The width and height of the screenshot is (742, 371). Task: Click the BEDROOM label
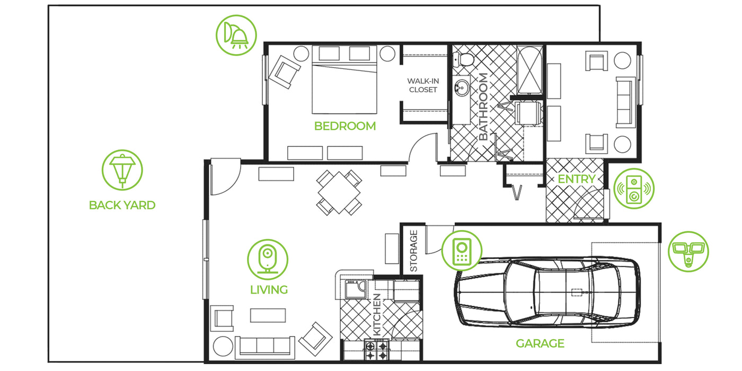pyautogui.click(x=345, y=126)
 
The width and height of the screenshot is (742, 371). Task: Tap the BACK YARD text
pyautogui.click(x=122, y=205)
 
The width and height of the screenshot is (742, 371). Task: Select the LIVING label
pyautogui.click(x=269, y=290)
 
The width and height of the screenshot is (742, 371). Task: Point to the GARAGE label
pyautogui.click(x=540, y=343)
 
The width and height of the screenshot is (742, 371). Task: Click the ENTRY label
pyautogui.click(x=577, y=179)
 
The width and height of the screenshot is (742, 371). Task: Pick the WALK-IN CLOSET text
pyautogui.click(x=423, y=85)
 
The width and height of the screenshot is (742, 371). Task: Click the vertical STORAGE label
pyautogui.click(x=414, y=251)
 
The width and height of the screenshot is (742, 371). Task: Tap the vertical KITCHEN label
pyautogui.click(x=377, y=315)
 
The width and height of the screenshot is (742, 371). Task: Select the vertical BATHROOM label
pyautogui.click(x=483, y=107)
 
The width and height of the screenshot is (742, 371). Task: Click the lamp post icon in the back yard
pyautogui.click(x=122, y=170)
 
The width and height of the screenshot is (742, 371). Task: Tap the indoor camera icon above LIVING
pyautogui.click(x=268, y=260)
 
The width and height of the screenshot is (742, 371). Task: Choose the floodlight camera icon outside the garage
pyautogui.click(x=688, y=251)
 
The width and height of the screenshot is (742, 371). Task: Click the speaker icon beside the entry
pyautogui.click(x=634, y=189)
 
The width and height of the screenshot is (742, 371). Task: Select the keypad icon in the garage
pyautogui.click(x=462, y=251)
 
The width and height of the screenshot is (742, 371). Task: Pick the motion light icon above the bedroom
pyautogui.click(x=236, y=35)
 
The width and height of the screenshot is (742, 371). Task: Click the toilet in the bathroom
pyautogui.click(x=464, y=59)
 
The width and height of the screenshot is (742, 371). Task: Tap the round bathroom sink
pyautogui.click(x=462, y=88)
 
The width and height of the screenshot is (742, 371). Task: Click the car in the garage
pyautogui.click(x=547, y=292)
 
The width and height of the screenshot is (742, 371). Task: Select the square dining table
pyautogui.click(x=339, y=192)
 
